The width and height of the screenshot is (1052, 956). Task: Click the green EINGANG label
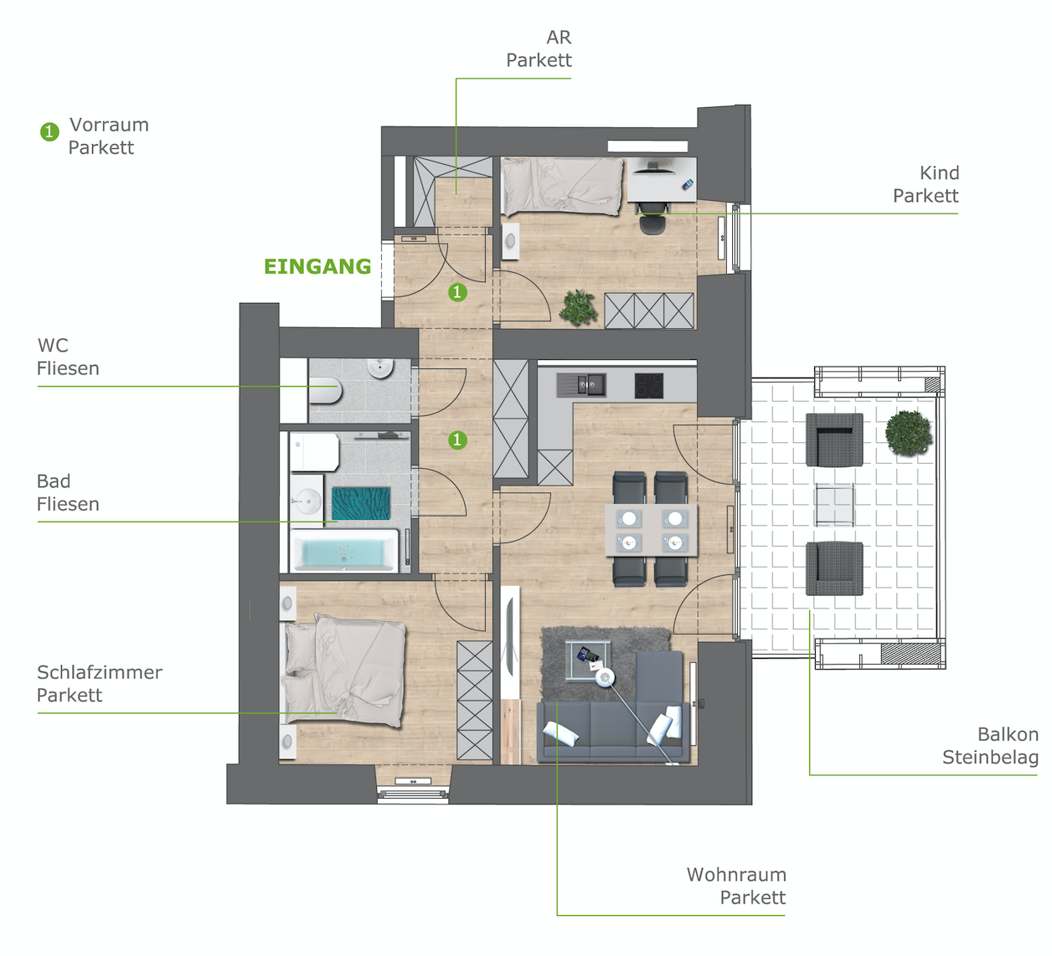pyautogui.click(x=317, y=266)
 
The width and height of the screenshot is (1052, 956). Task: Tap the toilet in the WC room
pyautogui.click(x=326, y=390)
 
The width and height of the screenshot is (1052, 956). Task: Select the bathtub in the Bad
pyautogui.click(x=344, y=550)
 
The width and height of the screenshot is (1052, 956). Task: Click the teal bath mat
pyautogui.click(x=361, y=503)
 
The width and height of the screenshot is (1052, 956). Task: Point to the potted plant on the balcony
pyautogui.click(x=908, y=433)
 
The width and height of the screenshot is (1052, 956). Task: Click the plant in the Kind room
pyautogui.click(x=579, y=307)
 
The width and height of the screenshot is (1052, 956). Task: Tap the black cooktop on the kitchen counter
pyautogui.click(x=649, y=385)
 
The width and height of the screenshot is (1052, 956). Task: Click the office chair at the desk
pyautogui.click(x=653, y=218)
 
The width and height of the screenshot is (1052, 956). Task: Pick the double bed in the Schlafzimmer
pyautogui.click(x=343, y=671)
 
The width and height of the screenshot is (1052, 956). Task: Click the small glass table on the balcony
pyautogui.click(x=834, y=505)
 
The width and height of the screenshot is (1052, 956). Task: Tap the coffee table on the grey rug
pyautogui.click(x=588, y=660)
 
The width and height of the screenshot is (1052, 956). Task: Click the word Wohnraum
pyautogui.click(x=736, y=874)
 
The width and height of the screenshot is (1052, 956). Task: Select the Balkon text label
pyautogui.click(x=1008, y=734)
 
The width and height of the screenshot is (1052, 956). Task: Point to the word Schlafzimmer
pyautogui.click(x=100, y=672)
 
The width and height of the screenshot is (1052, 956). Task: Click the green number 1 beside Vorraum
pyautogui.click(x=49, y=131)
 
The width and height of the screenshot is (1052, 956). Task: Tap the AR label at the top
pyautogui.click(x=559, y=37)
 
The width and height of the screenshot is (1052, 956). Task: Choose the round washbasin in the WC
pyautogui.click(x=380, y=368)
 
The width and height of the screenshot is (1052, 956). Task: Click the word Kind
pyautogui.click(x=939, y=173)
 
